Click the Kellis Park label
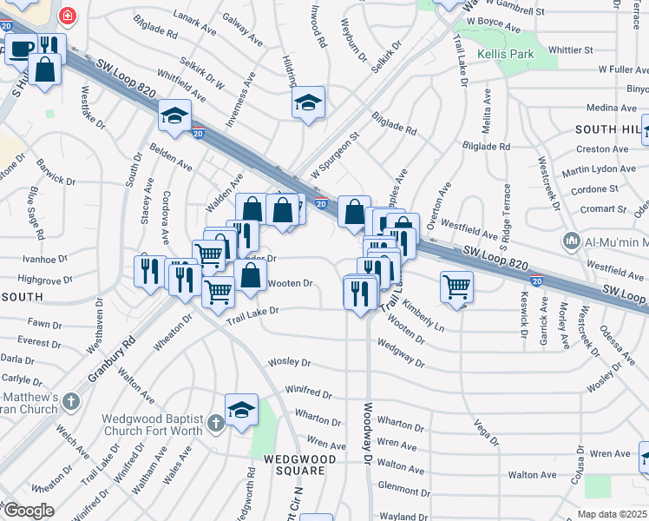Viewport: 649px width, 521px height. tap(504, 55)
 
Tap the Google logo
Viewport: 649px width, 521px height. tap(28, 511)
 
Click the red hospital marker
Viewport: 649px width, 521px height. tap(66, 15)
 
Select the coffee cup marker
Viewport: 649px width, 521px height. tap(21, 48)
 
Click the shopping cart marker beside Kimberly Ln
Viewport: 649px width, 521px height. tap(456, 286)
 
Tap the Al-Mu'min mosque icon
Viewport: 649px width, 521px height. tap(571, 241)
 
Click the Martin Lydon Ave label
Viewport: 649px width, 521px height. tap(599, 169)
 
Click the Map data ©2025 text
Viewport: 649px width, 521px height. tap(613, 514)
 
